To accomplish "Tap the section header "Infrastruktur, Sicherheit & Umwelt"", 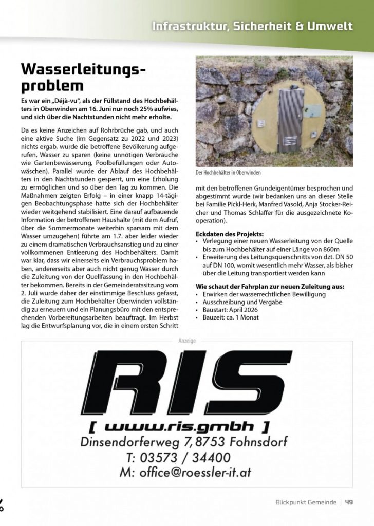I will pos(252,26).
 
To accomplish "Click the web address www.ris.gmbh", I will pos(178,426).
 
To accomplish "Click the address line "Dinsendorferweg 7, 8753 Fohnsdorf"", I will pos(184,441).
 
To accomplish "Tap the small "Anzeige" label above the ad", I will pos(186,340).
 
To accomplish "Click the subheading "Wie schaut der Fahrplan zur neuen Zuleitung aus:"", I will pos(270,286).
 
